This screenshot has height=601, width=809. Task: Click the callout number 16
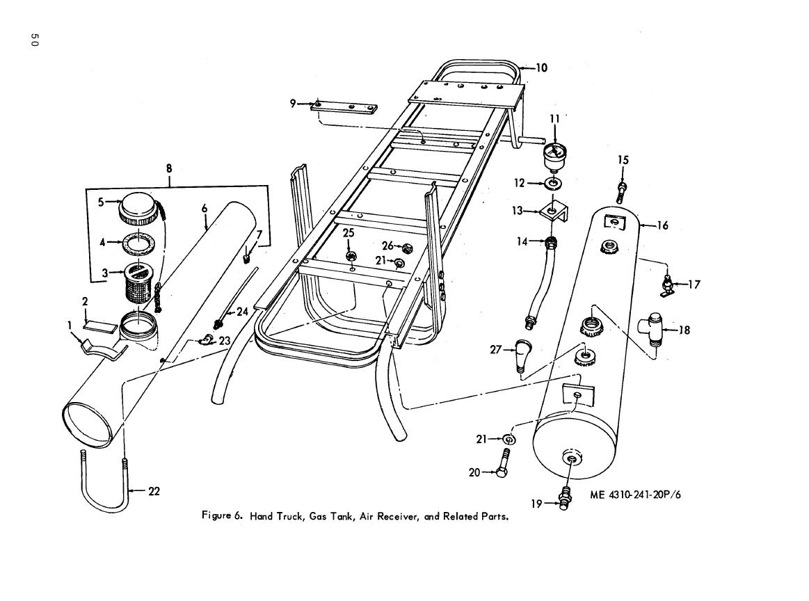click(x=662, y=225)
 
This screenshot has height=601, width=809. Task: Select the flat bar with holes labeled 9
click(x=345, y=107)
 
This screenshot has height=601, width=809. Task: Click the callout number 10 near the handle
click(x=541, y=68)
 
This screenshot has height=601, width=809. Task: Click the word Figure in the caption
click(x=216, y=516)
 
